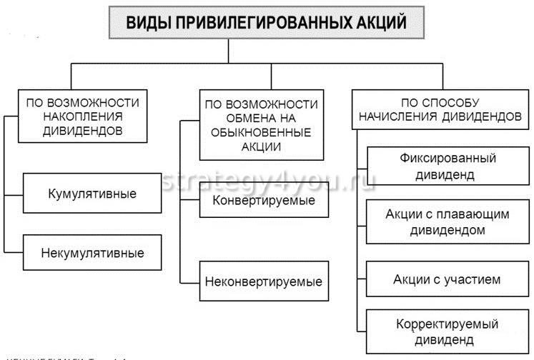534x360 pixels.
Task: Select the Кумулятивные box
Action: [x=92, y=194]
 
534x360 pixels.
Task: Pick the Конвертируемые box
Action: [x=264, y=201]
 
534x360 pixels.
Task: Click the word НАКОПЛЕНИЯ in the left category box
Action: [x=82, y=116]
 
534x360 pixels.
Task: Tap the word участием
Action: [x=473, y=279]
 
